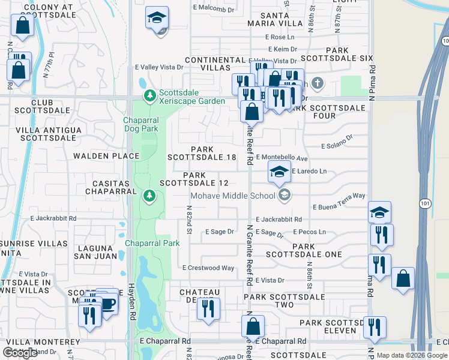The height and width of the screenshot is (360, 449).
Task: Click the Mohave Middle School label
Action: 234,196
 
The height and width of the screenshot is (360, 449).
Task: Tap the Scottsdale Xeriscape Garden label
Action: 191,97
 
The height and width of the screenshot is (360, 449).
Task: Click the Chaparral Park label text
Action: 152,243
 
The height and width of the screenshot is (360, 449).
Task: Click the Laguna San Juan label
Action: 93,252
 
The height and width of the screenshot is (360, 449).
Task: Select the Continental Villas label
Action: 216,64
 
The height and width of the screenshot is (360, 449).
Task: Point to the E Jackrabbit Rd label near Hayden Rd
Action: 53,218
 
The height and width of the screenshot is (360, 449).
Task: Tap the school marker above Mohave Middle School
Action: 279,170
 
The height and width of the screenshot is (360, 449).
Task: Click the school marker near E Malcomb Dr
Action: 157,18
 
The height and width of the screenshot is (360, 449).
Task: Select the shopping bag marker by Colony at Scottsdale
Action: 22,26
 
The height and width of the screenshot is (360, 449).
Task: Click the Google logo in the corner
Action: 20,353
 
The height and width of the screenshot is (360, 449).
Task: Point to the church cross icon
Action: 317,83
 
